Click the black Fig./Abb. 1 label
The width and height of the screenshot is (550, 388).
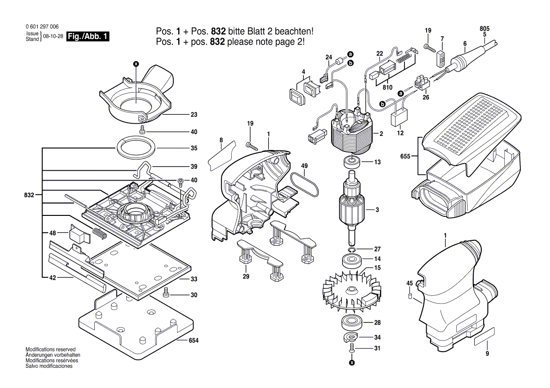[89, 37]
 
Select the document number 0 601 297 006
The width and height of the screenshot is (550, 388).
[42, 27]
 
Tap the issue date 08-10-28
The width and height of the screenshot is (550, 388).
[53, 37]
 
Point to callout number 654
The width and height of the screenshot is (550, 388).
[194, 340]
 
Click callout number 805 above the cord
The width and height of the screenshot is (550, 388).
[485, 29]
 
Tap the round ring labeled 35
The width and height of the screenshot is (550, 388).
[136, 148]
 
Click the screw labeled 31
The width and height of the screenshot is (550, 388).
[352, 348]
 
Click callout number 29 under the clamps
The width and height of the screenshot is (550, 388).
[246, 277]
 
